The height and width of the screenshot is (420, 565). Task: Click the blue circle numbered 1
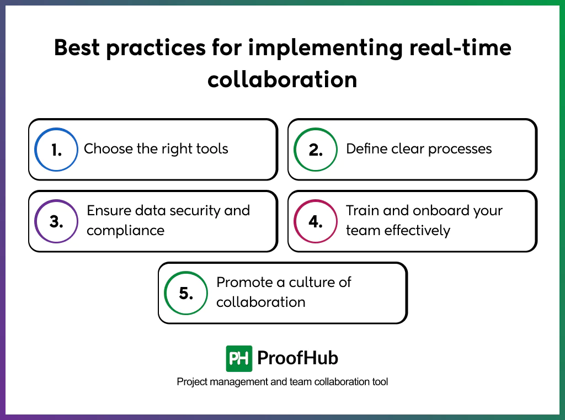click(x=56, y=149)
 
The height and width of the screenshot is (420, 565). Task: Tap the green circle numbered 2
click(x=316, y=149)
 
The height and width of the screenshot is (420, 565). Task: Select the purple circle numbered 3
click(x=56, y=221)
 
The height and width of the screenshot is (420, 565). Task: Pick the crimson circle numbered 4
click(x=316, y=221)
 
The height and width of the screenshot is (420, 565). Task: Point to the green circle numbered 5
click(x=186, y=293)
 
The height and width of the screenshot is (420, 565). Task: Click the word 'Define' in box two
click(x=365, y=149)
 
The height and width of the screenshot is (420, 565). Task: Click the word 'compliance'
click(x=125, y=230)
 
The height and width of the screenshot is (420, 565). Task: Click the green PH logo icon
click(x=239, y=359)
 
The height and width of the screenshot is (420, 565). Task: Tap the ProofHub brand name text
click(x=297, y=359)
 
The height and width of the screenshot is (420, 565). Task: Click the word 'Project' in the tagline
click(x=191, y=382)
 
